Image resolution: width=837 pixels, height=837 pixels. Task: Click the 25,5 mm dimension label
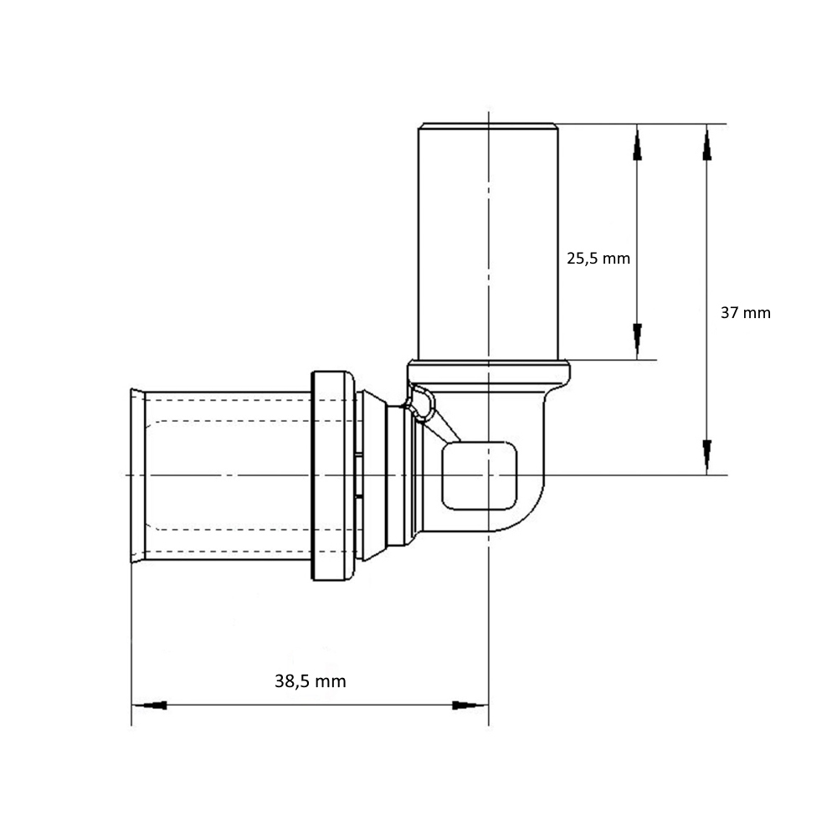click(x=598, y=259)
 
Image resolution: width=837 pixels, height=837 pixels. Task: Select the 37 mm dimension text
click(x=746, y=313)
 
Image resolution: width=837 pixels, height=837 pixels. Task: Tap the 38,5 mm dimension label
click(x=311, y=681)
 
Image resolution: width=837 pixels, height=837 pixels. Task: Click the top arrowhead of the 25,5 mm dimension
click(x=637, y=142)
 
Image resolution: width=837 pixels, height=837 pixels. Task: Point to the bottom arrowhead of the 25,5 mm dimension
click(x=637, y=341)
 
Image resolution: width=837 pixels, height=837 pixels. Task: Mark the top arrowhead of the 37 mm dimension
click(x=706, y=142)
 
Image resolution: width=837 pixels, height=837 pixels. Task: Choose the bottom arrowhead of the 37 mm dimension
click(x=706, y=457)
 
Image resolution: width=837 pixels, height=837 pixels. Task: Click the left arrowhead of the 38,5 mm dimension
click(x=150, y=705)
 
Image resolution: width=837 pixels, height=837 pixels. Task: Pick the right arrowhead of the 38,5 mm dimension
click(x=470, y=705)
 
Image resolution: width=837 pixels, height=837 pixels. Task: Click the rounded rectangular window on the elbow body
click(x=480, y=475)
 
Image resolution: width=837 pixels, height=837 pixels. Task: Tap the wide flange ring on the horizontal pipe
click(x=332, y=475)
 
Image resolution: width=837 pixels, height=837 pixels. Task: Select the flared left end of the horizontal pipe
click(x=138, y=475)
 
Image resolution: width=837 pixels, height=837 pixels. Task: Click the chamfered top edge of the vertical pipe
click(x=488, y=126)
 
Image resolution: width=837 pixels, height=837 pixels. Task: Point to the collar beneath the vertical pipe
click(x=489, y=372)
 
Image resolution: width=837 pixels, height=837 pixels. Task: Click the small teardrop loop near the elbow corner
click(x=423, y=403)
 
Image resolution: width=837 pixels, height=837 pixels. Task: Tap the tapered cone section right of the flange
click(x=372, y=475)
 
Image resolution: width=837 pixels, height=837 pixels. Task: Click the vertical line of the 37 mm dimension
click(x=706, y=300)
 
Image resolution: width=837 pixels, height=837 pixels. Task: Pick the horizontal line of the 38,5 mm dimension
click(x=311, y=705)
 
